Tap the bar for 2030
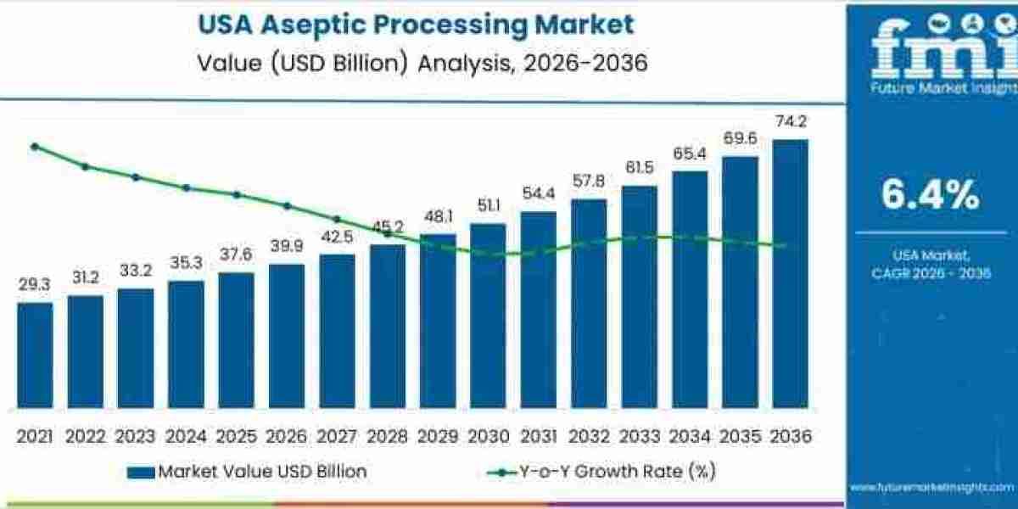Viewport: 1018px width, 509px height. click(488, 315)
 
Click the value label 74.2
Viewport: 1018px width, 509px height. click(791, 122)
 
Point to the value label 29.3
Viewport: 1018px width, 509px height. click(35, 286)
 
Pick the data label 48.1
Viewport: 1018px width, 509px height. click(438, 216)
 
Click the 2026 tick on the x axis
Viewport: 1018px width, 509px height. click(287, 436)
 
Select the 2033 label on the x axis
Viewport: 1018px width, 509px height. click(639, 436)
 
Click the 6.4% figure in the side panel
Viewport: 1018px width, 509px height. click(930, 197)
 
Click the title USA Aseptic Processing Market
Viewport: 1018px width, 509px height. click(416, 25)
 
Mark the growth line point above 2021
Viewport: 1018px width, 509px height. click(35, 147)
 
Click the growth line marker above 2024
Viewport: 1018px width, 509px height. click(186, 187)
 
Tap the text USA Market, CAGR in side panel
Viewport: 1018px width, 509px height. click(930, 263)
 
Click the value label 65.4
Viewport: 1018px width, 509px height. click(689, 154)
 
